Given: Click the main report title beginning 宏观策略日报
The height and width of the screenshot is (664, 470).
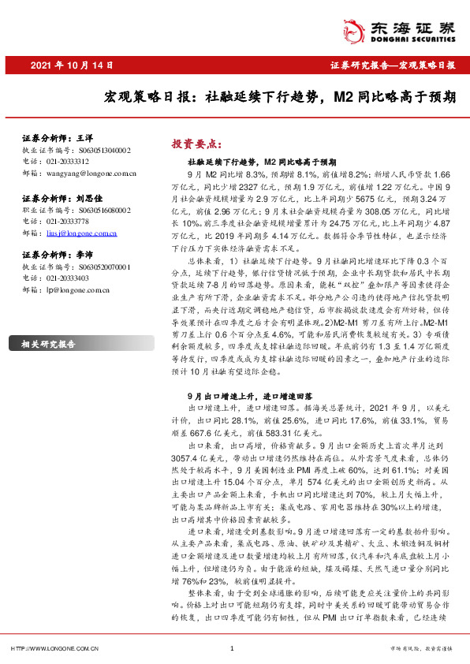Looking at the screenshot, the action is pyautogui.click(x=280, y=99).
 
